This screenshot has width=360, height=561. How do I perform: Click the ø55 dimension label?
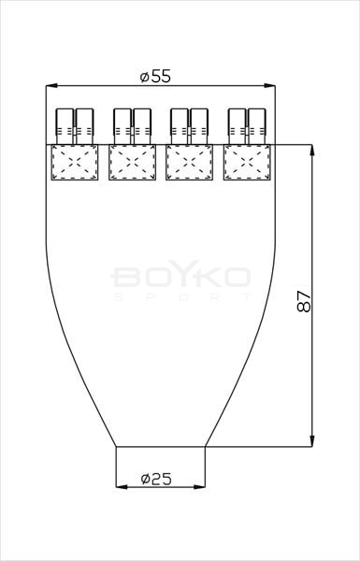pyautogui.click(x=155, y=77)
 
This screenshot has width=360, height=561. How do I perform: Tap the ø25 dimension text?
pyautogui.click(x=156, y=479)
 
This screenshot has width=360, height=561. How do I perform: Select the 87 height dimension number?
pyautogui.click(x=304, y=301)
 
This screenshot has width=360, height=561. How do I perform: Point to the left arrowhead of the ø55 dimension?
pyautogui.click(x=51, y=85)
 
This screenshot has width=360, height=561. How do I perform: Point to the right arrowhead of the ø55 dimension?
pyautogui.click(x=270, y=85)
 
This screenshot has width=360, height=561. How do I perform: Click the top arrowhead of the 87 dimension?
pyautogui.click(x=312, y=150)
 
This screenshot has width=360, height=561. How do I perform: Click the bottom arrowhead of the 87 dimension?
pyautogui.click(x=312, y=441)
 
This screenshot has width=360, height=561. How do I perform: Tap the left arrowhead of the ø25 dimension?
pyautogui.click(x=122, y=486)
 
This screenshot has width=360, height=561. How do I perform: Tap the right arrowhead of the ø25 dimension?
pyautogui.click(x=199, y=486)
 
